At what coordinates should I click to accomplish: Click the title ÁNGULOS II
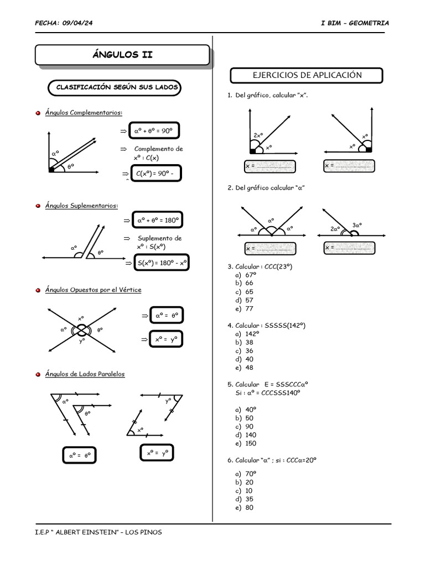click(x=122, y=55)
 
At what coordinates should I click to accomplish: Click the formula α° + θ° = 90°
click(x=154, y=132)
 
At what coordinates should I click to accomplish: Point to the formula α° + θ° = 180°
click(x=157, y=221)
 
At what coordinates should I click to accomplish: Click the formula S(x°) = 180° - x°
click(x=161, y=263)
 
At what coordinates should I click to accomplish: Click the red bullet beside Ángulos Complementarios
click(x=38, y=113)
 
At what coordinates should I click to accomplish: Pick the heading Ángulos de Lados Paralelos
click(x=85, y=374)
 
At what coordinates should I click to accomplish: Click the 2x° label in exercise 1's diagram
click(x=258, y=135)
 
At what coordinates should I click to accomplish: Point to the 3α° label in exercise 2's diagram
click(x=357, y=225)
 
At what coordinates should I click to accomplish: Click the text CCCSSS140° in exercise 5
click(x=284, y=392)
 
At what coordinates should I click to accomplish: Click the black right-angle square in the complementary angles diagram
click(x=51, y=170)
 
